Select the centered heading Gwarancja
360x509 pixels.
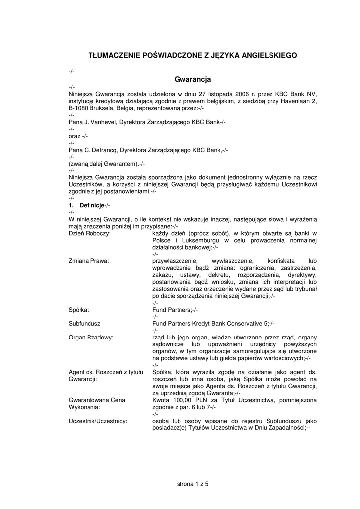[x=193, y=79]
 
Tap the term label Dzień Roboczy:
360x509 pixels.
[x=90, y=233]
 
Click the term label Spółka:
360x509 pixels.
[x=79, y=309]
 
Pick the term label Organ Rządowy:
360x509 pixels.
[x=91, y=337]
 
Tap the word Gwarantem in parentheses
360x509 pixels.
[x=117, y=164]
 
